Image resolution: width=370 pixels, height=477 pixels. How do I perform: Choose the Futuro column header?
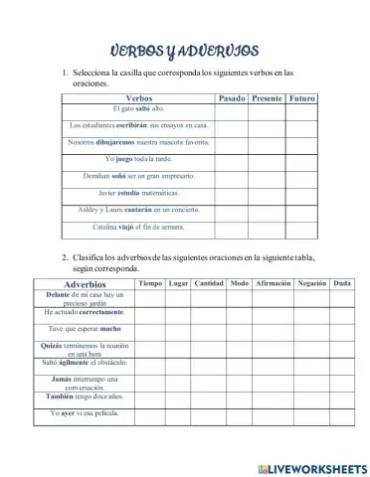(x=301, y=99)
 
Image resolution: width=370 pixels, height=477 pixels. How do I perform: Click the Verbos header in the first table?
(x=139, y=99)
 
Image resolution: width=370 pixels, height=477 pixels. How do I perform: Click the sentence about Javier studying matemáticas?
(x=139, y=192)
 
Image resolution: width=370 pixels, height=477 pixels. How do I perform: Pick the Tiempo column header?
(x=150, y=283)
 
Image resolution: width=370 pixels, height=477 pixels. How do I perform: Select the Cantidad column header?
(x=208, y=283)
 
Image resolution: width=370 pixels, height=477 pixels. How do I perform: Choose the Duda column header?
(x=342, y=283)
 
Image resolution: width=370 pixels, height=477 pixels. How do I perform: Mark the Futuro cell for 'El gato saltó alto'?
(x=301, y=109)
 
